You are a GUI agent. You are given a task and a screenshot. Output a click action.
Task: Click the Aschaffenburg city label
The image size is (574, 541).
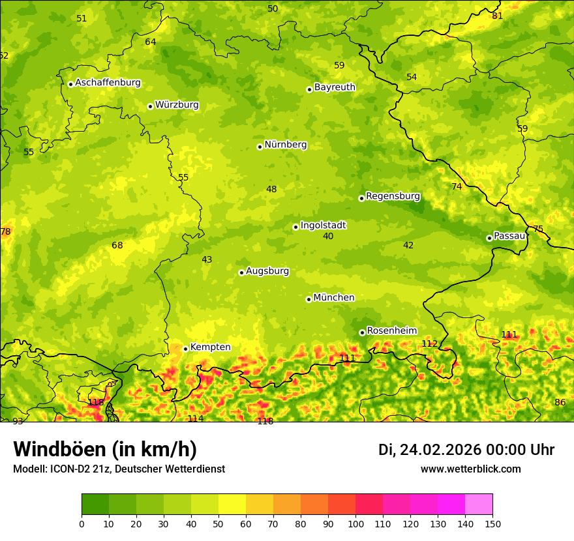[x=108, y=83]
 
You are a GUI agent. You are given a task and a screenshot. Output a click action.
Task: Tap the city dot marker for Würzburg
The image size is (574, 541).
[x=150, y=106]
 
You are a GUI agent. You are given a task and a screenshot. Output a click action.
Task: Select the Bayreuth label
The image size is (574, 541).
[x=335, y=87]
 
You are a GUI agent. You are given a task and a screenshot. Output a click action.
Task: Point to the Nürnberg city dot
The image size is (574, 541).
[x=260, y=147]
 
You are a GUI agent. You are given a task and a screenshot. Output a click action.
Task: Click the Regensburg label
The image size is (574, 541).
[x=393, y=196]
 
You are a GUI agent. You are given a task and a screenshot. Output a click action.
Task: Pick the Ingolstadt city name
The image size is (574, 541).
[x=323, y=225]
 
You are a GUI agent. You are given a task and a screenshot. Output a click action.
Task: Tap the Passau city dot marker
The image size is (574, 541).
[x=489, y=238]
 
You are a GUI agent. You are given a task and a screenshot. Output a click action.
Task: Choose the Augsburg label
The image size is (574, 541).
[x=267, y=270]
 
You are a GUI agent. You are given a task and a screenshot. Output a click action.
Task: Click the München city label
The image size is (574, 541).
[x=334, y=297]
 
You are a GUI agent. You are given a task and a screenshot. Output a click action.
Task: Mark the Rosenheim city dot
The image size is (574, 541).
[x=362, y=332]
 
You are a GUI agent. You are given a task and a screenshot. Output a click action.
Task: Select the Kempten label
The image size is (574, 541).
[x=210, y=347]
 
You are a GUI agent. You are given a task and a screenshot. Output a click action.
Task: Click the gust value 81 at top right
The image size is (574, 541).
[x=498, y=16]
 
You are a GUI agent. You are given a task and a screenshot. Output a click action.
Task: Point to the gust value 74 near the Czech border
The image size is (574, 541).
[x=457, y=186]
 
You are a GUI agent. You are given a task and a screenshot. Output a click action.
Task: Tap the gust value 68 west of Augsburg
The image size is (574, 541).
[x=117, y=245]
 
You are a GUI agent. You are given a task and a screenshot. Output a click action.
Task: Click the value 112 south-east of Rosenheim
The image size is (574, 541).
[x=429, y=344]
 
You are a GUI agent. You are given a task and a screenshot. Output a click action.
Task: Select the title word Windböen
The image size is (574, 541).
[x=59, y=449]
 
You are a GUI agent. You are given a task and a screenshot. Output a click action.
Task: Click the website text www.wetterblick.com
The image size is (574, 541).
[x=470, y=469]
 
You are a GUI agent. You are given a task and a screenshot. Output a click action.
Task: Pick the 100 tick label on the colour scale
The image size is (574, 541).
[x=355, y=523]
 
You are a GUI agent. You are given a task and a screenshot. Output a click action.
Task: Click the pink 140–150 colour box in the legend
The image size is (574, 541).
[x=479, y=504]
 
